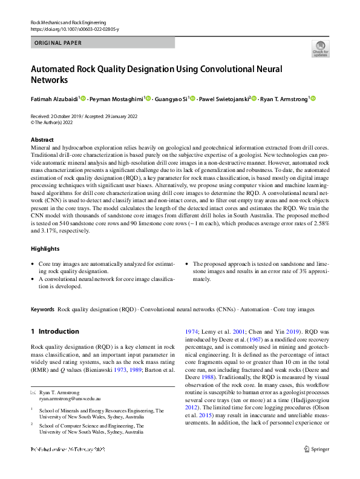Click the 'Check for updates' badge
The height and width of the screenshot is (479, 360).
(320, 48)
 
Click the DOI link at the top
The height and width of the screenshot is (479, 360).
(74, 29)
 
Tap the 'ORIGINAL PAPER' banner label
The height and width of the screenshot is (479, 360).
(58, 43)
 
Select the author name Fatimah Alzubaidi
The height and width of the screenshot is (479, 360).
(54, 98)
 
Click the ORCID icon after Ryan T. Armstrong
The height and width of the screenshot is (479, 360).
(313, 98)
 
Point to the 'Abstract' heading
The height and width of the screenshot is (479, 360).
(42, 139)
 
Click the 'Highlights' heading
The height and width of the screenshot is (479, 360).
(45, 249)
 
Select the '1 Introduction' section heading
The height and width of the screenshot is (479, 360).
(54, 331)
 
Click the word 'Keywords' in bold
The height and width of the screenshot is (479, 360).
(42, 309)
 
